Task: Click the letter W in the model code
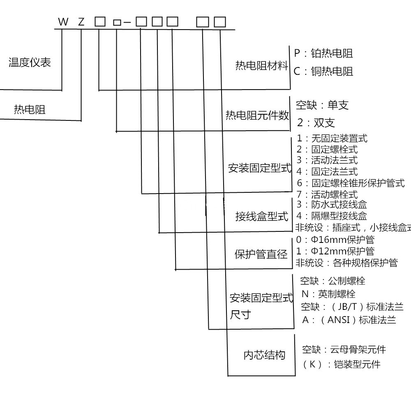63,22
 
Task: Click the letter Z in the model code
81,22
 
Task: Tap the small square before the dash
117,23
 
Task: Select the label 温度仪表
30,62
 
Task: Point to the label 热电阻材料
261,65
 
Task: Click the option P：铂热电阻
323,53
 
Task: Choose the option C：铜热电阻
323,71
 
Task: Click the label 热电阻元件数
257,115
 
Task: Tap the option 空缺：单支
322,105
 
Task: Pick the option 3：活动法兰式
327,160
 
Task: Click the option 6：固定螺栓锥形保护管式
351,183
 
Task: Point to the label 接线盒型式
261,216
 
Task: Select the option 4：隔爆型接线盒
332,216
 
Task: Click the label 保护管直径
261,254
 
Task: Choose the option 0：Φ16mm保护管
335,240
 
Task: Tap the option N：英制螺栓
328,294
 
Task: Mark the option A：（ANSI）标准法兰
349,320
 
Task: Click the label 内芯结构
264,355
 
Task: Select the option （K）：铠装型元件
341,364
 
